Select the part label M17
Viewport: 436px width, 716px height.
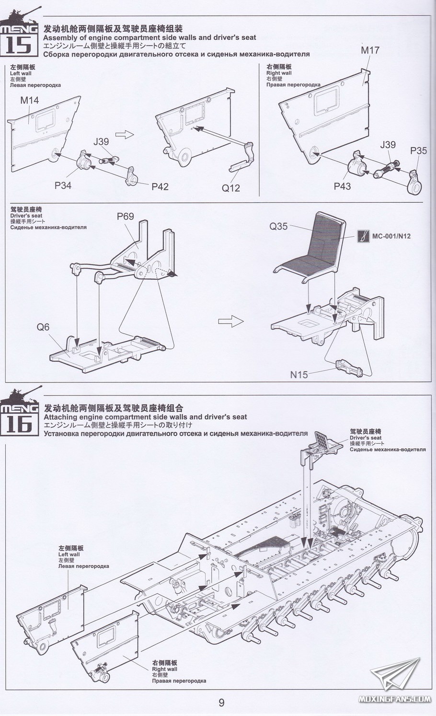pyautogui.click(x=370, y=50)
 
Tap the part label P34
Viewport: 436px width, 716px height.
pyautogui.click(x=63, y=185)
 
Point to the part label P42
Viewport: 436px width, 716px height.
pyautogui.click(x=160, y=187)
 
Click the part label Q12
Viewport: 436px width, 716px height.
pyautogui.click(x=230, y=188)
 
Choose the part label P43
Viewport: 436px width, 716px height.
pyautogui.click(x=343, y=185)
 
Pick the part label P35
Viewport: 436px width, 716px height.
pyautogui.click(x=418, y=151)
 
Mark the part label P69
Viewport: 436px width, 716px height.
pyautogui.click(x=126, y=217)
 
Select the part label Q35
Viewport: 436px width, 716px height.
pyautogui.click(x=278, y=226)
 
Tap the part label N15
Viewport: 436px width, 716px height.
pyautogui.click(x=299, y=374)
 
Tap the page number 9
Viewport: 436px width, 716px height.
pyautogui.click(x=221, y=703)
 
